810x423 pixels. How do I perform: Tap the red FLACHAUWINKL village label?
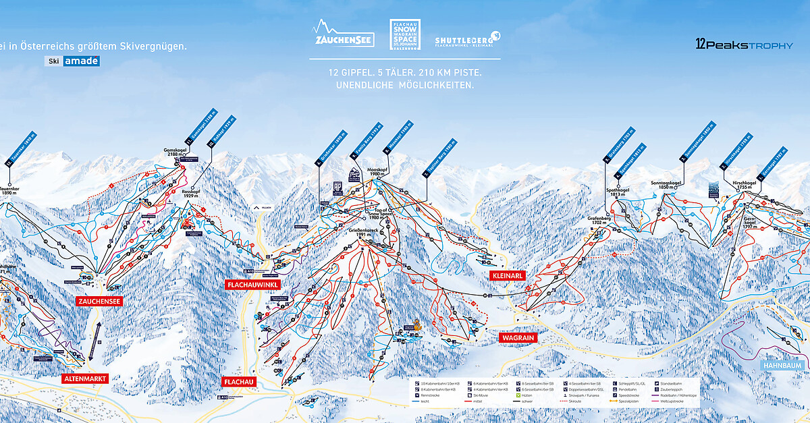click(x=252, y=285)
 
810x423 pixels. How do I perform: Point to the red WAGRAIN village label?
click(x=517, y=337)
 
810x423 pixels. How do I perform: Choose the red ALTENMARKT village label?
click(x=85, y=379)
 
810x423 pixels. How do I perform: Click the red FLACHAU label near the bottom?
click(x=238, y=382)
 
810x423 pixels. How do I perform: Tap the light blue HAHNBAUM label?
click(x=781, y=365)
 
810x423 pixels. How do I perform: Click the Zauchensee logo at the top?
click(x=343, y=34)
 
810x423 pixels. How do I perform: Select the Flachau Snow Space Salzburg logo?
click(x=404, y=34)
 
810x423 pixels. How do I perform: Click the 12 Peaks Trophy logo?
click(x=744, y=45)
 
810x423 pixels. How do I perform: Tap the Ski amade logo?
click(x=73, y=61)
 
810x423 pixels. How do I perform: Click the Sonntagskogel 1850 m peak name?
click(x=665, y=186)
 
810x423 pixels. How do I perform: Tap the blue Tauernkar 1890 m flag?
click(x=21, y=150)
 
